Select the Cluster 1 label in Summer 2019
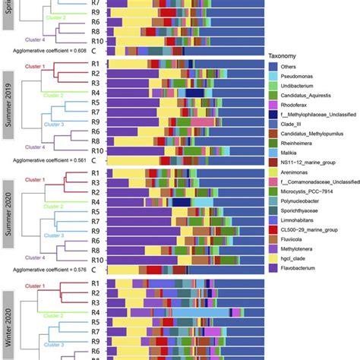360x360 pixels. click(33, 65)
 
